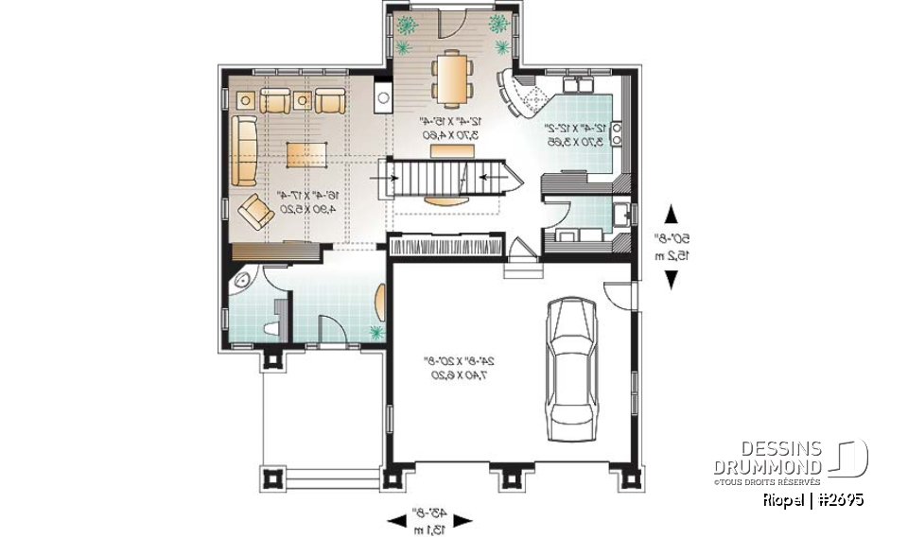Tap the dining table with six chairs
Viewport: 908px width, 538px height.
point(448,78)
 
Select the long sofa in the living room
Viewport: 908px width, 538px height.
point(243,151)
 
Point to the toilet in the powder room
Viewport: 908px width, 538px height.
point(273,327)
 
